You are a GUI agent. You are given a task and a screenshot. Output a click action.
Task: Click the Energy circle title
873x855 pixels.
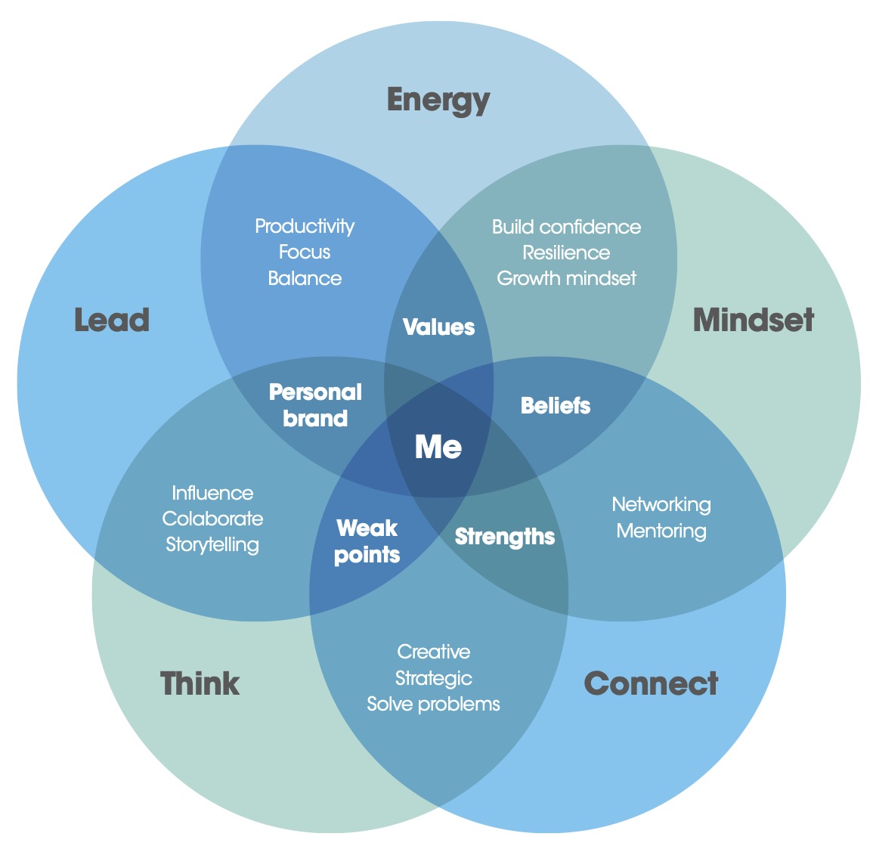point(438,101)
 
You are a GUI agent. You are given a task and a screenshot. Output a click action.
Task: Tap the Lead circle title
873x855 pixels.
point(112,320)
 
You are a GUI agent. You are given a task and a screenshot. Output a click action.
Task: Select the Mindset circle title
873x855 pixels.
point(753,320)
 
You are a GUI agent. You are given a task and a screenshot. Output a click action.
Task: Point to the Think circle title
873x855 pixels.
point(200,683)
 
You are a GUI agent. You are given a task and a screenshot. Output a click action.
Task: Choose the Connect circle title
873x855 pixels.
point(651,683)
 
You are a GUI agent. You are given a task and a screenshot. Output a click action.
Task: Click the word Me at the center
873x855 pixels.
point(438,447)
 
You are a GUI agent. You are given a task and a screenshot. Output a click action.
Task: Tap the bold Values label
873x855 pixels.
point(438,327)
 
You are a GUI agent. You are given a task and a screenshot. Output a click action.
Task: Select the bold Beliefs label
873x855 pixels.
point(556,406)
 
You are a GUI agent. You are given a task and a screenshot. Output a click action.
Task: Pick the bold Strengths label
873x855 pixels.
point(505,537)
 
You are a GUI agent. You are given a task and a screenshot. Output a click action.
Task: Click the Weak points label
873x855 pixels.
point(367,541)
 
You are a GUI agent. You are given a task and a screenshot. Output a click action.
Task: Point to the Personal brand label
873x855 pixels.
point(315,405)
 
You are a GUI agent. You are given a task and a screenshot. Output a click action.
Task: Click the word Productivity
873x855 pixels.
point(305,226)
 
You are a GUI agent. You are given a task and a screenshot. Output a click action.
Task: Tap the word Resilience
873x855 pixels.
point(566,252)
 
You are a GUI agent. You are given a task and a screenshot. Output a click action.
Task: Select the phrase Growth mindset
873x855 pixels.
point(566,278)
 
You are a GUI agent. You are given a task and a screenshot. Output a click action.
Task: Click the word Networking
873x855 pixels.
point(661,504)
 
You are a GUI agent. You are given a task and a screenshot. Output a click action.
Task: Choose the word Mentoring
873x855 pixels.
point(661,531)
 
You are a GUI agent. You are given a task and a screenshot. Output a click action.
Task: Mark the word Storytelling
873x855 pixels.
point(212,545)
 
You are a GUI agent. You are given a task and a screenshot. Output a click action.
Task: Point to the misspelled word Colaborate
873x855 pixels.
point(212,519)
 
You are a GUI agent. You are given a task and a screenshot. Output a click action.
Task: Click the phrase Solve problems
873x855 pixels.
point(433,704)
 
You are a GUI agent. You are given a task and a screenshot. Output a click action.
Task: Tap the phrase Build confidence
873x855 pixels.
point(566,227)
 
